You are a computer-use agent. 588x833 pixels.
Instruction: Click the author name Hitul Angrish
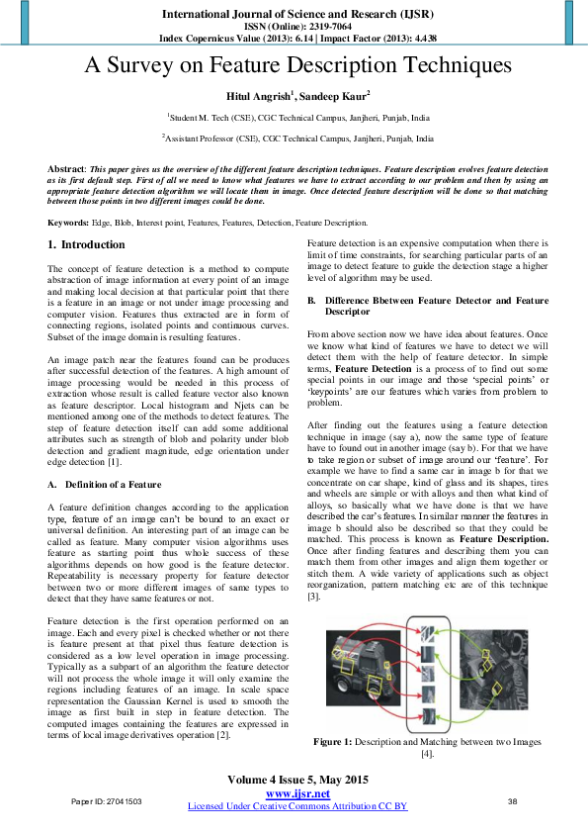click(259, 95)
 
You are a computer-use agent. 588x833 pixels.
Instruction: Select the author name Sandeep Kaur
click(333, 95)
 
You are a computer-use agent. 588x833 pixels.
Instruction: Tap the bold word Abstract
click(66, 170)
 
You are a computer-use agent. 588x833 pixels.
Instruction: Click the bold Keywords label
click(70, 223)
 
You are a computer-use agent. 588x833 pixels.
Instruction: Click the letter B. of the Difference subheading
click(311, 300)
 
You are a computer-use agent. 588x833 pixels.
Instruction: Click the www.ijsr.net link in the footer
click(297, 793)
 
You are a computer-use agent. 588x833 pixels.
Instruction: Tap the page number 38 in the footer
click(512, 800)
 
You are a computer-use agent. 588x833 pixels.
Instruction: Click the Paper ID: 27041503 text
click(106, 800)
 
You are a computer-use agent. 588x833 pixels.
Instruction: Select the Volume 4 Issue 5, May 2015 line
click(297, 780)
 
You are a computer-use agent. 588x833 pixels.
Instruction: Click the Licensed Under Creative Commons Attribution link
click(297, 806)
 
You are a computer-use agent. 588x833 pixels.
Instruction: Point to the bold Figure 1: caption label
click(340, 740)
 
